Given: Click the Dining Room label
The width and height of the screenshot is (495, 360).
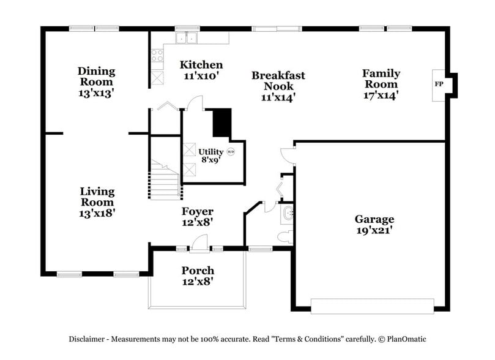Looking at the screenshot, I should tap(97, 77).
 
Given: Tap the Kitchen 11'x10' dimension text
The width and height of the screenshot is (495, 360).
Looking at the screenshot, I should tap(201, 76).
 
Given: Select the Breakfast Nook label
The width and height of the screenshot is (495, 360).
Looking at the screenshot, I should tap(278, 81).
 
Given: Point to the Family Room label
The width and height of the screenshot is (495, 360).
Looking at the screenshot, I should tap(381, 78).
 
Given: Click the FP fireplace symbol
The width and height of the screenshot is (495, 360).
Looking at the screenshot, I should tap(439, 84).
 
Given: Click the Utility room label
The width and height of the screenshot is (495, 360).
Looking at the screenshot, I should tap(210, 152).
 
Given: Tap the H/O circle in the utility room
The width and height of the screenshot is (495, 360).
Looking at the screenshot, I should tap(231, 152).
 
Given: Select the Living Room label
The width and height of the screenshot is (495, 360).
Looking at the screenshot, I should tap(97, 197).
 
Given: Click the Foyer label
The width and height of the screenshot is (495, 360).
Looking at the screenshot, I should tap(197, 212).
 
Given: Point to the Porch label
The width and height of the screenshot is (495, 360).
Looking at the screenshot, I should tap(198, 271).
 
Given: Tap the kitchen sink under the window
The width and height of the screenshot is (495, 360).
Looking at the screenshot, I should tap(187, 38).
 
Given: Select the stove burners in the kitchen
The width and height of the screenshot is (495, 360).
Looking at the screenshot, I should tap(157, 56).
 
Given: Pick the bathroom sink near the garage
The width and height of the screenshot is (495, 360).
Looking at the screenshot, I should tap(288, 213).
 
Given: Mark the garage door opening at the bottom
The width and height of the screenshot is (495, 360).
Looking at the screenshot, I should tap(373, 304).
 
